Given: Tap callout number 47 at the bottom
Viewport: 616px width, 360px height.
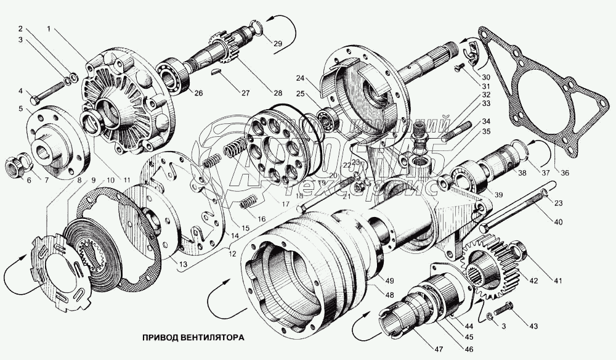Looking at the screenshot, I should [x=438, y=350].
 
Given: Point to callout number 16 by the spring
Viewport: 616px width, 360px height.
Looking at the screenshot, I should [x=261, y=219].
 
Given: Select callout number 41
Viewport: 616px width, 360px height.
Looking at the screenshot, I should [x=557, y=282].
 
